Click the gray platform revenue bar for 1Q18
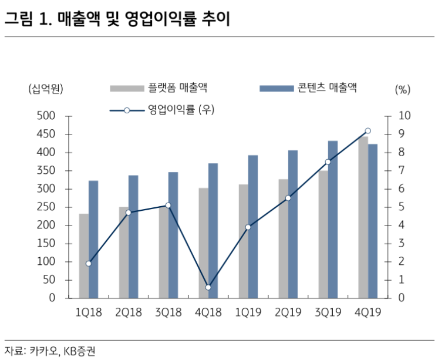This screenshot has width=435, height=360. pyautogui.click(x=83, y=256)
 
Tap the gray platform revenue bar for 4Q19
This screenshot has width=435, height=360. pyautogui.click(x=363, y=217)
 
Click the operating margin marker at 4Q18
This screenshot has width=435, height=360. pyautogui.click(x=208, y=287)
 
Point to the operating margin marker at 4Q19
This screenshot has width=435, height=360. pyautogui.click(x=367, y=131)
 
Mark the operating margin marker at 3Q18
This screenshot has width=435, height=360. pyautogui.click(x=168, y=205)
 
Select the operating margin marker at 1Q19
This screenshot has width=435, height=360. pyautogui.click(x=248, y=227)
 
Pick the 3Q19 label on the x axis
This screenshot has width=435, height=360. pyautogui.click(x=328, y=312)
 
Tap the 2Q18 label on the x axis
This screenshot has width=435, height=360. pyautogui.click(x=128, y=312)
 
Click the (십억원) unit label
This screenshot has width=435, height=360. pyautogui.click(x=46, y=89)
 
